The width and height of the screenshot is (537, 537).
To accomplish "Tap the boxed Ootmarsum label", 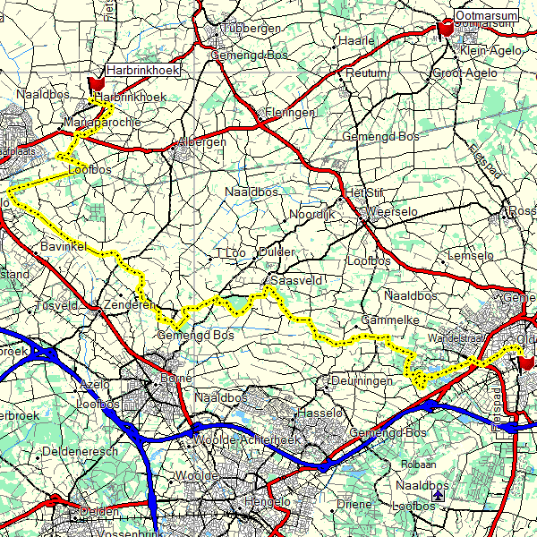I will tap(486, 16).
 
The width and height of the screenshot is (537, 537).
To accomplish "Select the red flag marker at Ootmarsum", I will tap(446, 29).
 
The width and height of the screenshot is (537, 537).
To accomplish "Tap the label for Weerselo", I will tap(393, 212).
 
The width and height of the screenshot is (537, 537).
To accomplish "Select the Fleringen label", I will tap(289, 114).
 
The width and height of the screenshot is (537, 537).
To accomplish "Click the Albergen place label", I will tap(201, 143).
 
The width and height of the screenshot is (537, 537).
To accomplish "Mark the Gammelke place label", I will tap(385, 320).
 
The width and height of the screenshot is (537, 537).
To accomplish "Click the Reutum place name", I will tap(366, 72).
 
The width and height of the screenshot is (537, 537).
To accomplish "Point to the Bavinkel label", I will tap(62, 245).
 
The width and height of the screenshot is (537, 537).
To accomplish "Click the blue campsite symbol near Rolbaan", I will tap(437, 494).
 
